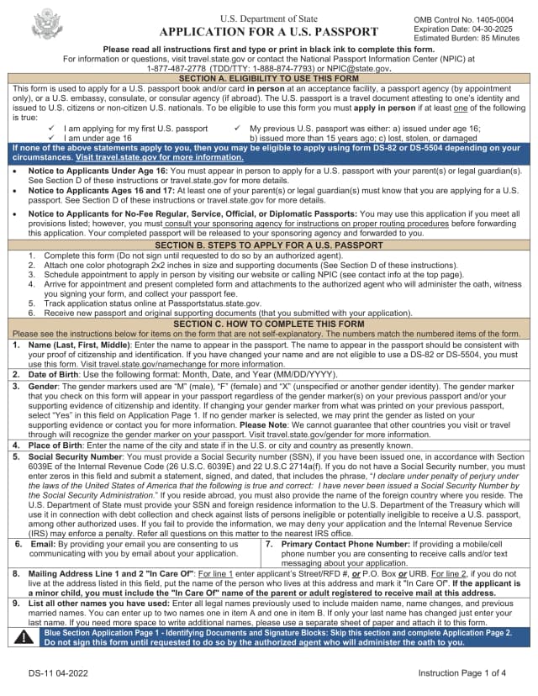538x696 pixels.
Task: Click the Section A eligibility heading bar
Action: (x=269, y=78)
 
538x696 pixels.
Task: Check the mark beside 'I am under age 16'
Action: (x=52, y=138)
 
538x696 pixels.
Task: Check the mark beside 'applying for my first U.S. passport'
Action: (x=52, y=129)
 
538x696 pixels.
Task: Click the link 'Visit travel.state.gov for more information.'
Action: (x=148, y=157)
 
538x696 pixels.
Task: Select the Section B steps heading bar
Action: (x=269, y=245)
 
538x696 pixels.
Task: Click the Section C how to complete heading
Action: (x=269, y=324)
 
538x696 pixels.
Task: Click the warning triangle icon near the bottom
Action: (x=24, y=637)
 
